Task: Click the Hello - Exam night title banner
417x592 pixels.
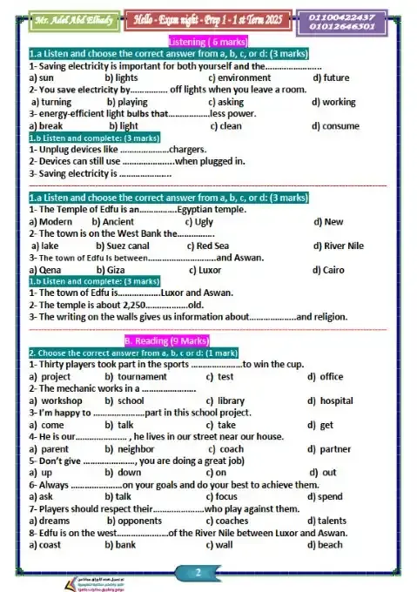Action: pyautogui.click(x=209, y=20)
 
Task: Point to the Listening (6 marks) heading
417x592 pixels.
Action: pyautogui.click(x=208, y=42)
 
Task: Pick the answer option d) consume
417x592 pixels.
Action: pyautogui.click(x=334, y=125)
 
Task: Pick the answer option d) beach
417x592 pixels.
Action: pyautogui.click(x=326, y=545)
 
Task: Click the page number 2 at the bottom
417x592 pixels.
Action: pyautogui.click(x=198, y=572)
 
